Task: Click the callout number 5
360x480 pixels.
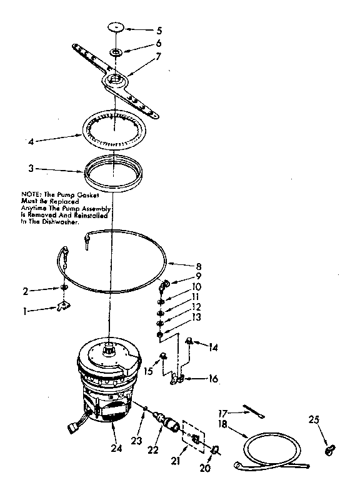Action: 159,29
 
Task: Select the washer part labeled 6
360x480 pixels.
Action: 117,51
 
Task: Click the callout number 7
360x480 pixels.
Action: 159,57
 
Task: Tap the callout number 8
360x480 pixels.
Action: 199,266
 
